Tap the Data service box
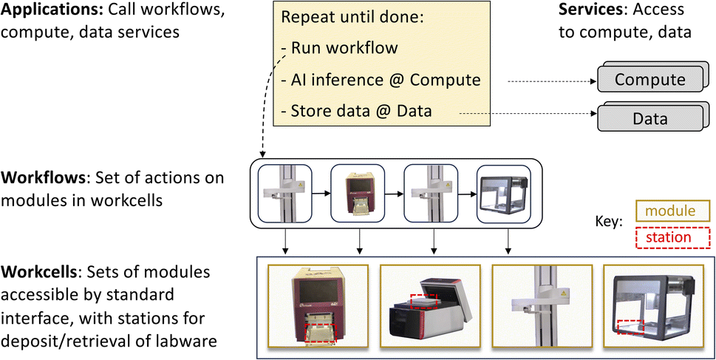tap(650, 118)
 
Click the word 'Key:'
tap(610, 222)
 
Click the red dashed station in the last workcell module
tap(630, 326)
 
